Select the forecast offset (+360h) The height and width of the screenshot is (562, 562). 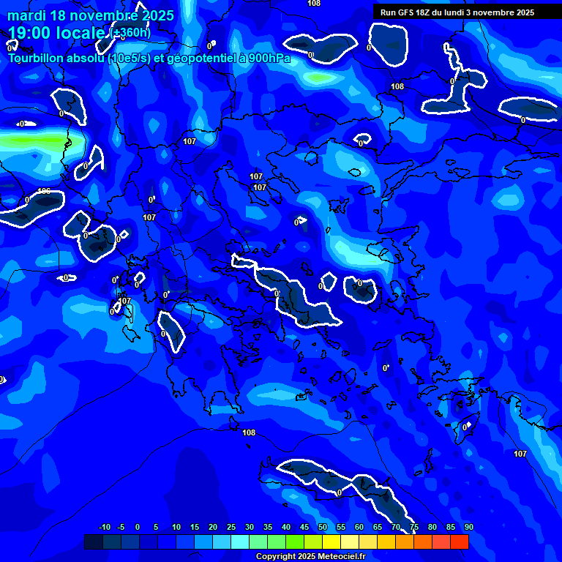coord(131,33)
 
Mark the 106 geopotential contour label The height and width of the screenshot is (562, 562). coord(44,191)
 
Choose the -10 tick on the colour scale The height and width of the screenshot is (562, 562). coord(104,528)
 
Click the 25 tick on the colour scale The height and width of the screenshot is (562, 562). coord(231,528)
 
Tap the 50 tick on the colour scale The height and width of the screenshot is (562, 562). coord(323,528)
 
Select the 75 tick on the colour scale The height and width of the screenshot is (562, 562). coord(414,528)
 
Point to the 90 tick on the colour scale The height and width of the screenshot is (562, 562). coord(468,528)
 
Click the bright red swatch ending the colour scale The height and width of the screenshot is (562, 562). coord(459,542)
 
